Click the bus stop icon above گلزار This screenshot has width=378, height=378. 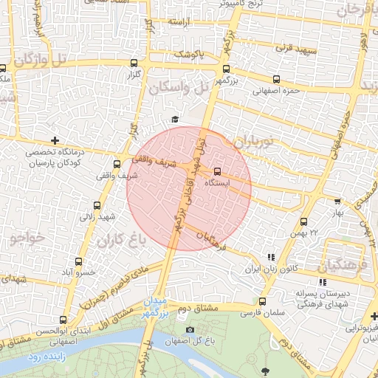tap(133, 63)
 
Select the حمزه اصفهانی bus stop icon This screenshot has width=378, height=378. tap(276, 79)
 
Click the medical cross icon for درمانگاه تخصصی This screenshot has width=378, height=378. tap(55, 140)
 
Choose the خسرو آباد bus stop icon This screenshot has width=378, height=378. tap(78, 261)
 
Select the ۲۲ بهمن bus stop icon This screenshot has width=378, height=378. tap(304, 221)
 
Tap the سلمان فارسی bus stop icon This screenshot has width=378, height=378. tap(262, 300)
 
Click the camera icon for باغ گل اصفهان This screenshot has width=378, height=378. tap(190, 329)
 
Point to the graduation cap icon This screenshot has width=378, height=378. tap(175, 120)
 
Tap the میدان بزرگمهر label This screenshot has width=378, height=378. tap(156, 306)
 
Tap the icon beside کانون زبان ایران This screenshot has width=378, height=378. tap(271, 257)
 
